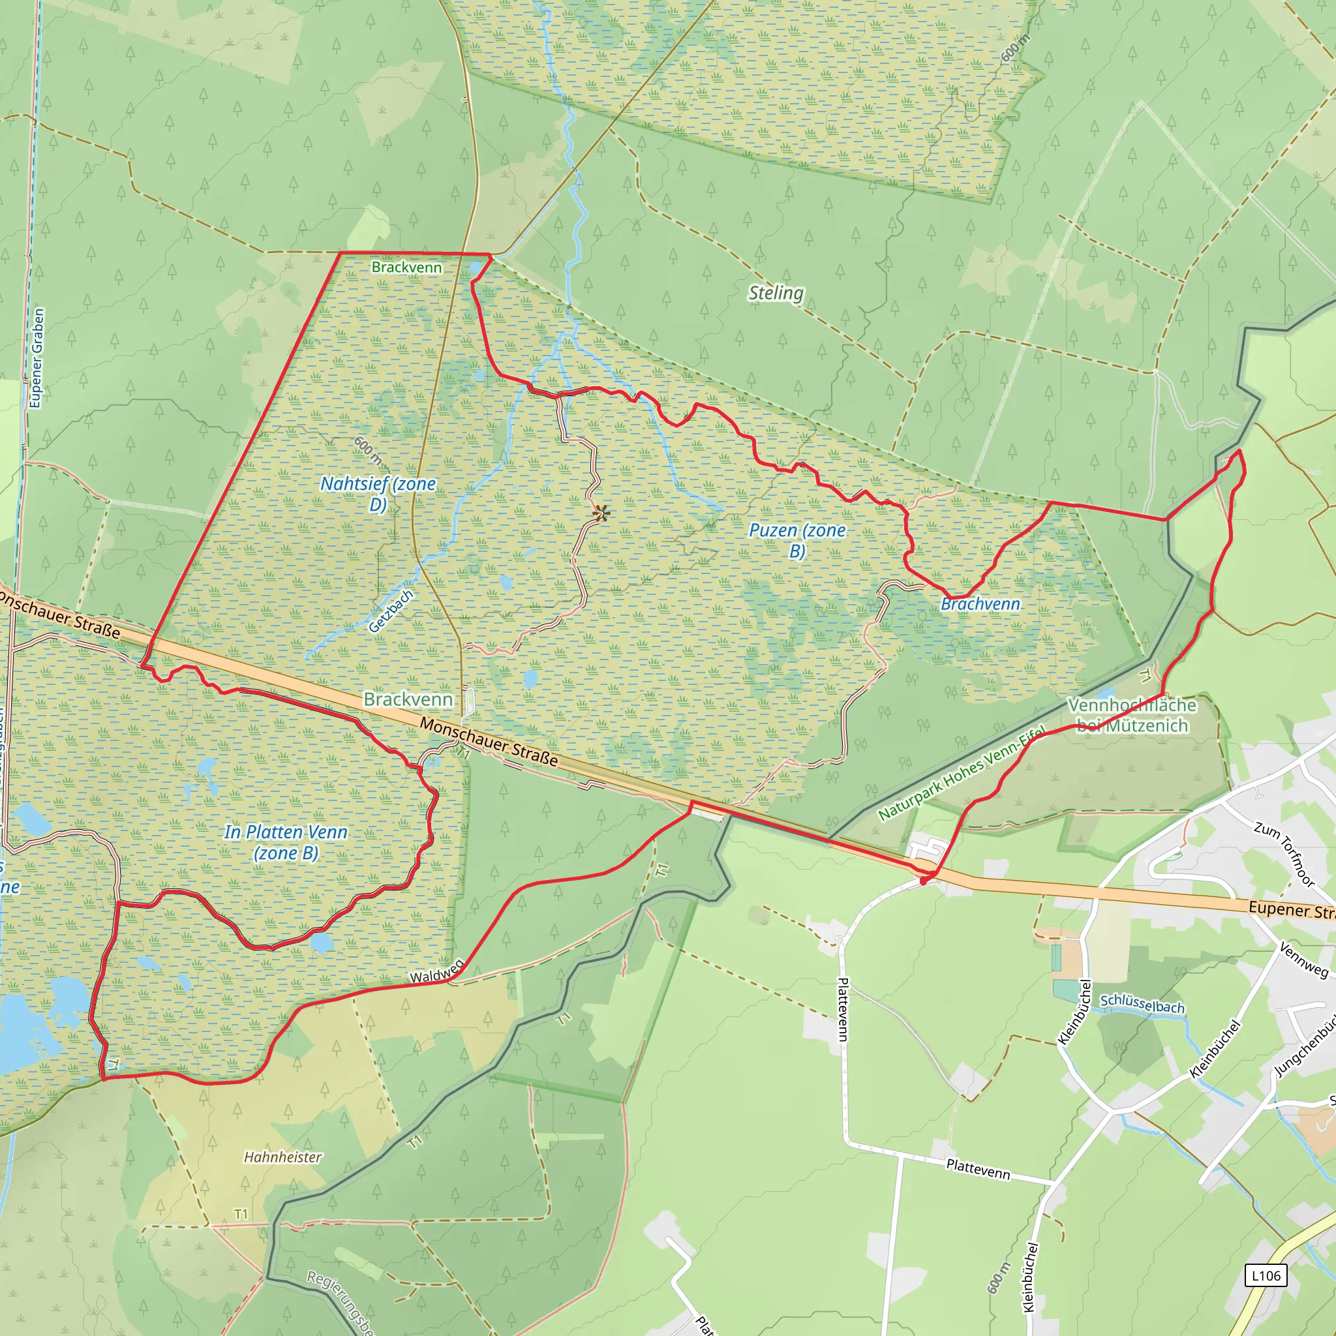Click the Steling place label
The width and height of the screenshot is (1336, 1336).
[776, 293]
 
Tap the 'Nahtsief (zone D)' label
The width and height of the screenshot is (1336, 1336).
[378, 494]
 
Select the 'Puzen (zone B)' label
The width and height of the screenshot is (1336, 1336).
[797, 540]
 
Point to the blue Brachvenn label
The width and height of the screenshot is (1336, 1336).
[980, 604]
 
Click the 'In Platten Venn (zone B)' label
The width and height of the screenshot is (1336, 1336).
[286, 842]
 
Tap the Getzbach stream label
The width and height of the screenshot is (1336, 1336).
[391, 611]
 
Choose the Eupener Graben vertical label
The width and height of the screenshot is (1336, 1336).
[37, 358]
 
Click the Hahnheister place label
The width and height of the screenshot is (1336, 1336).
[283, 1157]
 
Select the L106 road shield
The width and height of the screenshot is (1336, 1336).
[1266, 1276]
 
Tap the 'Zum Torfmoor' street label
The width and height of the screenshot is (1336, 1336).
[1284, 854]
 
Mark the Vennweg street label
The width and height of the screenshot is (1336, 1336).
[1303, 960]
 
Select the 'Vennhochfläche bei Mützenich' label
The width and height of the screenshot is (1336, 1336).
[1132, 715]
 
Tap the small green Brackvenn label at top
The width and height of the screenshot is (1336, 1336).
[406, 267]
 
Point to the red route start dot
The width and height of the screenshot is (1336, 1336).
[923, 881]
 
